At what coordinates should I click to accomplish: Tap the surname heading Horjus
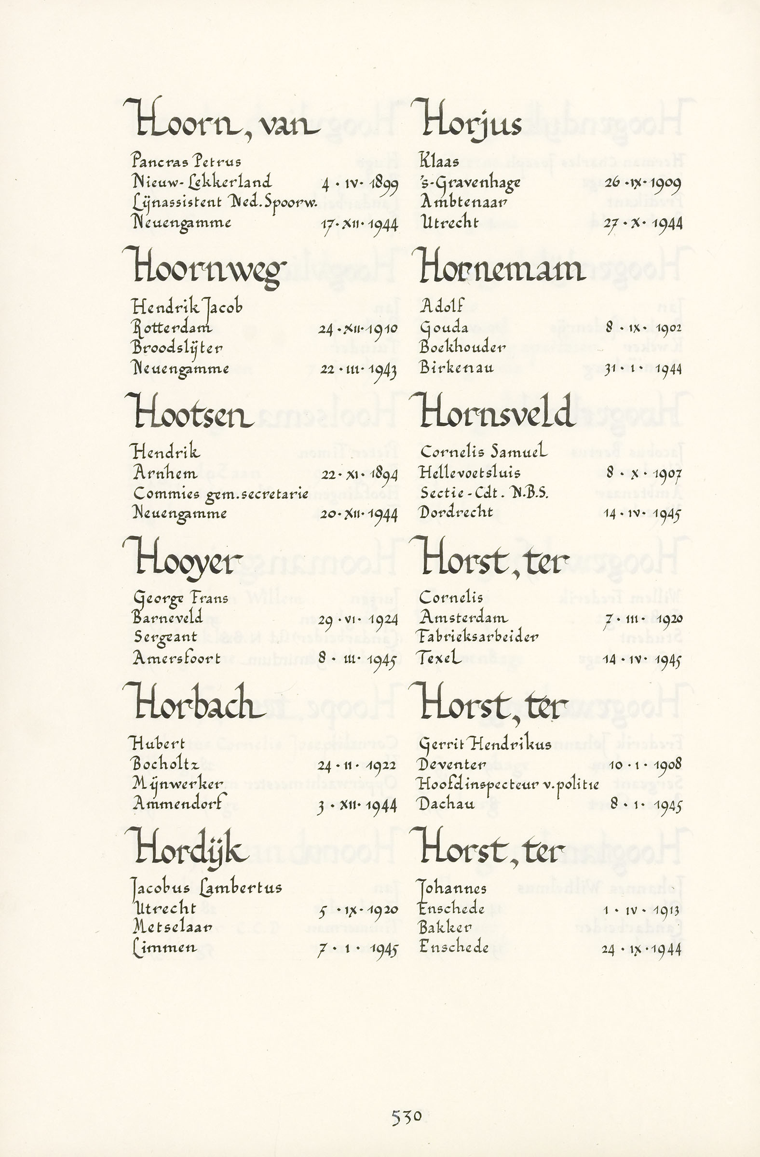[471, 121]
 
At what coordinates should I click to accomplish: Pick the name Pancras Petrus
[186, 161]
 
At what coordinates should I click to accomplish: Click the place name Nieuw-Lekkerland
[202, 182]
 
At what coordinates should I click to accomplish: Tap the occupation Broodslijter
[177, 348]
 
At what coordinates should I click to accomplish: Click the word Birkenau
[456, 367]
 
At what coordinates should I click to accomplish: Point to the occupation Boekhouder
[462, 347]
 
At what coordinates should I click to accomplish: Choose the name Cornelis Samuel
[483, 452]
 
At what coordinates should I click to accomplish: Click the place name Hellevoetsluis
[470, 472]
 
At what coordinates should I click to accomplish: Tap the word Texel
[440, 658]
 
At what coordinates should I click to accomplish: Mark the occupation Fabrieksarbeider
[479, 637]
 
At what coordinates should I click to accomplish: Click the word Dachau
[447, 804]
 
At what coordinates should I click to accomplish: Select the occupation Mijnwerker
[178, 784]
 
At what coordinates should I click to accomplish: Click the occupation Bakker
[445, 928]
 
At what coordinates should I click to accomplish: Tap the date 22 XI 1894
[359, 474]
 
